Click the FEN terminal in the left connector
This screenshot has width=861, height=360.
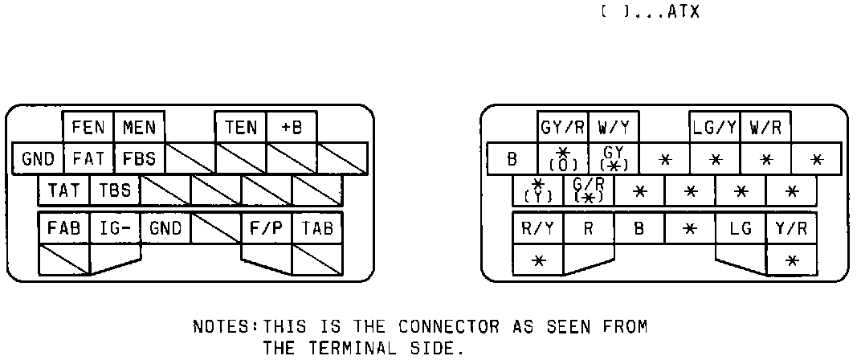click(x=88, y=127)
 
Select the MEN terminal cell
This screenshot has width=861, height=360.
click(x=139, y=127)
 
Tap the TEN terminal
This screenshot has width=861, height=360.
click(x=241, y=127)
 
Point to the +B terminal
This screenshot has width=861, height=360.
click(x=291, y=127)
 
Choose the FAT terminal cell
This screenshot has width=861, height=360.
click(x=88, y=158)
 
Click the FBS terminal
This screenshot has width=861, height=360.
click(x=139, y=158)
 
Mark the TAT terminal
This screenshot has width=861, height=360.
click(x=63, y=191)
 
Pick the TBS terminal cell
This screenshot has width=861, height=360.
click(x=115, y=191)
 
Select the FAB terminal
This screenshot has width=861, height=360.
click(x=63, y=228)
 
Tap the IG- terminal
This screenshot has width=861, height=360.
click(x=115, y=228)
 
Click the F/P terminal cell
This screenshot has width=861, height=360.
click(x=266, y=228)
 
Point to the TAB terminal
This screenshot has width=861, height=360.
click(x=316, y=228)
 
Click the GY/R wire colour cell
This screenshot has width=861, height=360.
click(x=562, y=127)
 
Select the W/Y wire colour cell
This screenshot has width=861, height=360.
click(x=613, y=127)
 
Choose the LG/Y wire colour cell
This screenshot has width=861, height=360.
click(x=714, y=127)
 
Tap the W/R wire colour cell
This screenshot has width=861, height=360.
click(x=765, y=127)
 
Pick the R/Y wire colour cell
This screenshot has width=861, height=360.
click(x=537, y=228)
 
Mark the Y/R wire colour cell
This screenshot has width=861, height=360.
click(x=790, y=228)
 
